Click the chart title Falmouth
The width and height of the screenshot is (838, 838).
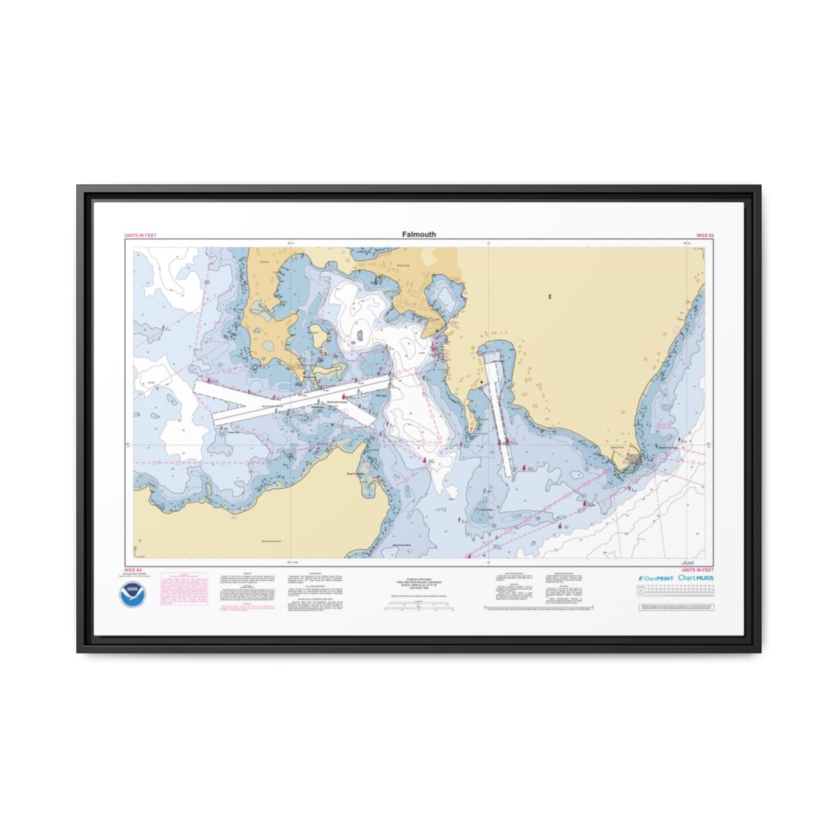(x=418, y=235)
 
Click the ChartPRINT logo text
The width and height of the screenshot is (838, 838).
(x=655, y=579)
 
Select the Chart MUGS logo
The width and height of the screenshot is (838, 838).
(x=696, y=578)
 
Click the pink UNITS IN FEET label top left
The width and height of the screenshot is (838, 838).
(x=140, y=235)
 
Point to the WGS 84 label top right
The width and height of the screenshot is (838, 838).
(x=705, y=235)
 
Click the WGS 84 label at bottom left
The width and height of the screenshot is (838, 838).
(x=133, y=570)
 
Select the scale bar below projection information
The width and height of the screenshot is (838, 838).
(x=419, y=609)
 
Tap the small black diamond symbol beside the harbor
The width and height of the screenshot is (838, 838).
(x=480, y=383)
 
